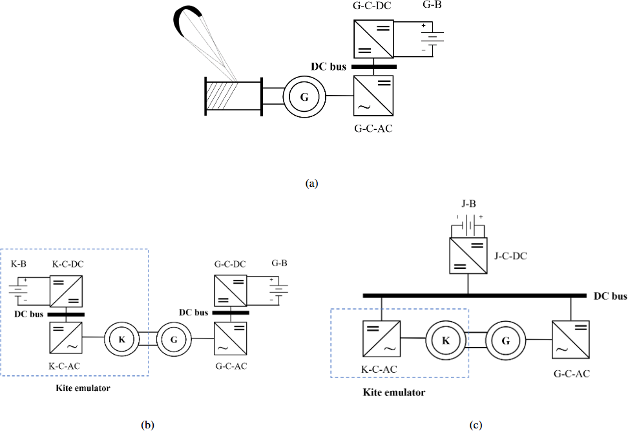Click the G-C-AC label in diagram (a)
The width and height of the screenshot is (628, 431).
point(373,128)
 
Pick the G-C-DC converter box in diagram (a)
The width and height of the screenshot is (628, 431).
point(373,39)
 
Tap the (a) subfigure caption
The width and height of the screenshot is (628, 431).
point(313,184)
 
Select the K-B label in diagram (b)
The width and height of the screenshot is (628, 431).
point(18,264)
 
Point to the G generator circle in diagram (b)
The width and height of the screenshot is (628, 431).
point(173,338)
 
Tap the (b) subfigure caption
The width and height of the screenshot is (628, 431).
point(148,425)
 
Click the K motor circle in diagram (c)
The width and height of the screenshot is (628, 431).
point(445,339)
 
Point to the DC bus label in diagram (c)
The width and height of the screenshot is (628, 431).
point(611,297)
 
